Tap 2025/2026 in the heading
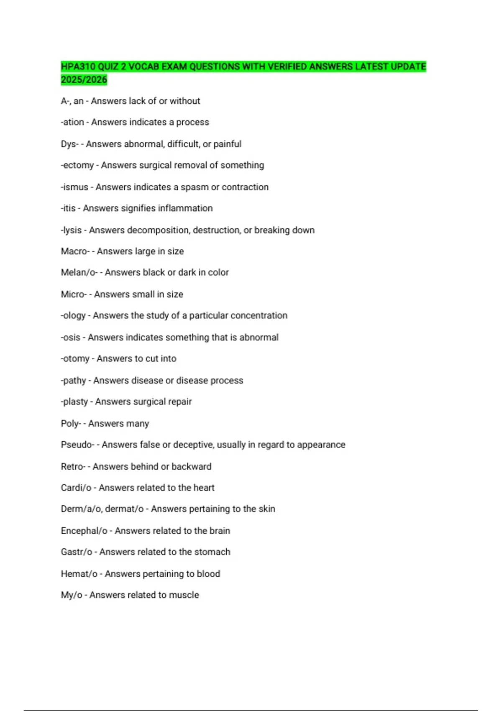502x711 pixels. point(84,79)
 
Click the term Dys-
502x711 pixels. point(69,144)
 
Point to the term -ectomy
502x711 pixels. point(77,165)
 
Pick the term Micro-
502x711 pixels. point(74,294)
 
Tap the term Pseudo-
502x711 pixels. point(77,445)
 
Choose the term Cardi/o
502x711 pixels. point(76,488)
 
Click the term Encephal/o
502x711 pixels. point(84,531)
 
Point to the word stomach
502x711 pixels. point(212,552)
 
